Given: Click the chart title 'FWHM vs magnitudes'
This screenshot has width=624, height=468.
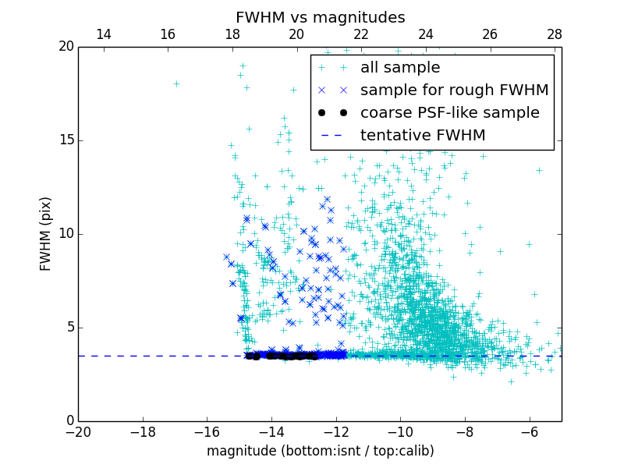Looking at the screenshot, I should click(x=320, y=17).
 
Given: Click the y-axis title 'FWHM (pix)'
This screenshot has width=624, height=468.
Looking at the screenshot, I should click(x=46, y=234).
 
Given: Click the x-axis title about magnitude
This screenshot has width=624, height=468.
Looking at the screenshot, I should click(x=320, y=451).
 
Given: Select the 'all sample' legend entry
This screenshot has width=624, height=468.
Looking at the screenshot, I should click(x=399, y=68).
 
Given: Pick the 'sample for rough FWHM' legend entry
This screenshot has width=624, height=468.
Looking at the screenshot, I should click(x=454, y=90).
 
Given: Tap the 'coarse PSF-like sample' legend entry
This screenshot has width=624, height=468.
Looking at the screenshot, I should click(x=449, y=113).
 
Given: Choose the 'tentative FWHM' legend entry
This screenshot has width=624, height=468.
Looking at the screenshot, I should click(x=422, y=136).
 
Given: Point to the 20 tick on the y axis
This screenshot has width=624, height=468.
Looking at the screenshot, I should click(x=66, y=47).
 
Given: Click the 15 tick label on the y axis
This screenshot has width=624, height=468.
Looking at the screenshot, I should click(x=66, y=140).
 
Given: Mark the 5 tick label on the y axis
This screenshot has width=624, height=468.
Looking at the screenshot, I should click(x=69, y=328).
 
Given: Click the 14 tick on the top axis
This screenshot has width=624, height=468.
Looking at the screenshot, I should click(x=103, y=34).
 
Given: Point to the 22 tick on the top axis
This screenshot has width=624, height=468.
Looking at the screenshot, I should click(x=361, y=34).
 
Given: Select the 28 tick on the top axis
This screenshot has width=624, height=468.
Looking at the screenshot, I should click(x=555, y=34).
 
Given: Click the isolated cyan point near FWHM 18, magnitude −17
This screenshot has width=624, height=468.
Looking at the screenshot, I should click(x=176, y=83).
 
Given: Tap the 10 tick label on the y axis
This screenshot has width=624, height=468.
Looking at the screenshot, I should click(x=66, y=234).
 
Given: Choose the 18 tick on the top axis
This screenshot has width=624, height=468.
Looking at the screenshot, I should click(x=232, y=34).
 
